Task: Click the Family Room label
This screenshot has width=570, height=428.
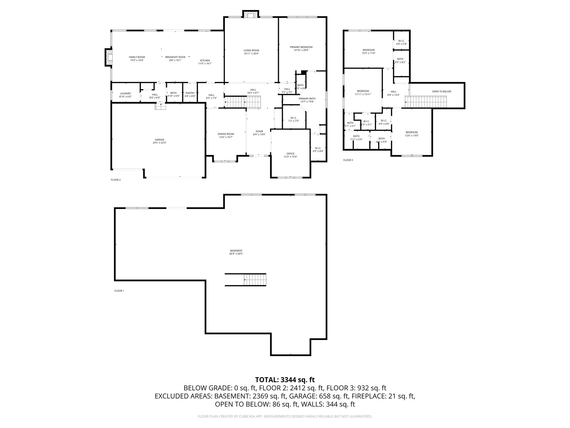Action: (137, 57)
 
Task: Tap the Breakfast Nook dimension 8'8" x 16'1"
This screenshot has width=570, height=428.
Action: (175, 60)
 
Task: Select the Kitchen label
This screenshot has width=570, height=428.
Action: (205, 60)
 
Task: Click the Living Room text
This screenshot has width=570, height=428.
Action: (251, 50)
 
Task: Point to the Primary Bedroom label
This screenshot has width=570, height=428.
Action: (301, 47)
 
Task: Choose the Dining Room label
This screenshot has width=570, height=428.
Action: (226, 134)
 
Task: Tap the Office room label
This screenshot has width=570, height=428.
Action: (290, 154)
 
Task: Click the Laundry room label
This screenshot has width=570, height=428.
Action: (125, 94)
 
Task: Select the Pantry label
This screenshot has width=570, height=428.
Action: (190, 93)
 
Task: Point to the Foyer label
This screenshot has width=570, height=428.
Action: (259, 131)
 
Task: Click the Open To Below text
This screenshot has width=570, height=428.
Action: (441, 91)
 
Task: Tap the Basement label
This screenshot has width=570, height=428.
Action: (236, 251)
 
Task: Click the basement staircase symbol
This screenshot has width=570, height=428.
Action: (255, 279)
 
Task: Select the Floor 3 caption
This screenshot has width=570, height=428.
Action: (348, 160)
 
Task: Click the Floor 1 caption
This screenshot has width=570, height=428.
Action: (119, 291)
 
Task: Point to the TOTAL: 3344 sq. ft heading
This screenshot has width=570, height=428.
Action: (285, 380)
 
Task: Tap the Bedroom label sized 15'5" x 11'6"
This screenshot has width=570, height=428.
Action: (368, 50)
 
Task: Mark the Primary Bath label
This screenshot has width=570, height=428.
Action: (307, 98)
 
